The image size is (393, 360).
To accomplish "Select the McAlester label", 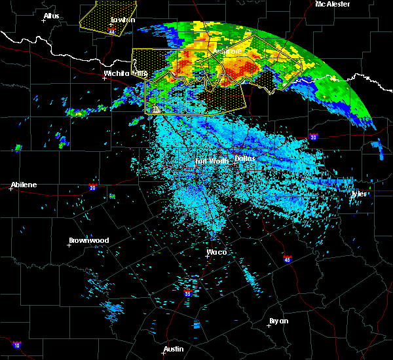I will (332, 4).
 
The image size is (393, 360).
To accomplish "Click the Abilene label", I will (23, 185).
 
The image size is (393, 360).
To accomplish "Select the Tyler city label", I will (360, 194).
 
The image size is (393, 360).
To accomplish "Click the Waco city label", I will (216, 252).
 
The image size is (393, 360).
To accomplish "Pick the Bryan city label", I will (278, 321).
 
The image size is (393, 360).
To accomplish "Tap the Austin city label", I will (174, 349).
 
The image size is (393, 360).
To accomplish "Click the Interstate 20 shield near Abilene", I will (94, 188).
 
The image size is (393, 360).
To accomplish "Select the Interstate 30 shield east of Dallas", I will (314, 137).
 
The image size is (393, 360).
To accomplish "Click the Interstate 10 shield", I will (16, 345).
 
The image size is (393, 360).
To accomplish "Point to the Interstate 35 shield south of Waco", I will (188, 293).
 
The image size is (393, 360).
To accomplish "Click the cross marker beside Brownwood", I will (69, 245).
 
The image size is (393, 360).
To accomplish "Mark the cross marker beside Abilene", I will (11, 189).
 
